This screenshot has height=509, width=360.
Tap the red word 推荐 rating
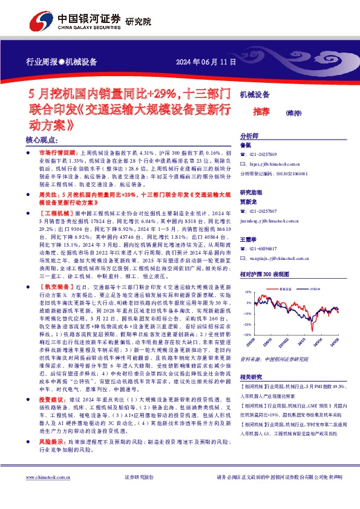tap(261, 111)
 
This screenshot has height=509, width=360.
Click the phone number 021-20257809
tap(266, 155)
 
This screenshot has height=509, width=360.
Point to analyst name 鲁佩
tap(245, 146)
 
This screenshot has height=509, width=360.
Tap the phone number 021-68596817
tap(266, 248)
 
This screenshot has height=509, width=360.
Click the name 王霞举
tap(249, 240)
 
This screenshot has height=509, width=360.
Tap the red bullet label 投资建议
tap(50, 383)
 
